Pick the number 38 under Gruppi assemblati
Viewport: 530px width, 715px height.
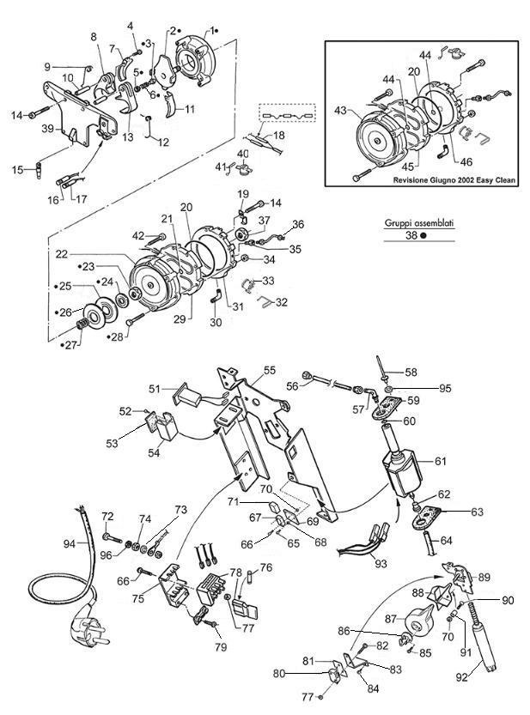(x=412, y=242)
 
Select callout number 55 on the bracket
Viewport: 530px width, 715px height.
(x=270, y=370)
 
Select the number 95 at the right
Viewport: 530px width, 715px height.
(x=445, y=389)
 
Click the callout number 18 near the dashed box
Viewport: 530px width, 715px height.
(x=278, y=136)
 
